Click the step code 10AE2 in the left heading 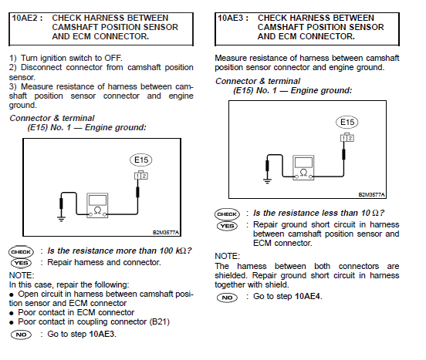(x=29, y=16)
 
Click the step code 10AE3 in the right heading (x=235, y=16)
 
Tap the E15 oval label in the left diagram (x=141, y=160)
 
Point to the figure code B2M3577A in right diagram (x=371, y=196)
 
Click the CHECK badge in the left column (x=20, y=251)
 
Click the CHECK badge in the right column (x=226, y=214)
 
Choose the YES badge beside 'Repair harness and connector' (x=20, y=263)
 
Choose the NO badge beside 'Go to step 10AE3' (x=20, y=334)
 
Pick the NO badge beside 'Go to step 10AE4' (x=226, y=297)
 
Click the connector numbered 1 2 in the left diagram (x=140, y=176)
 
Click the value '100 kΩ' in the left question (x=172, y=251)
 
